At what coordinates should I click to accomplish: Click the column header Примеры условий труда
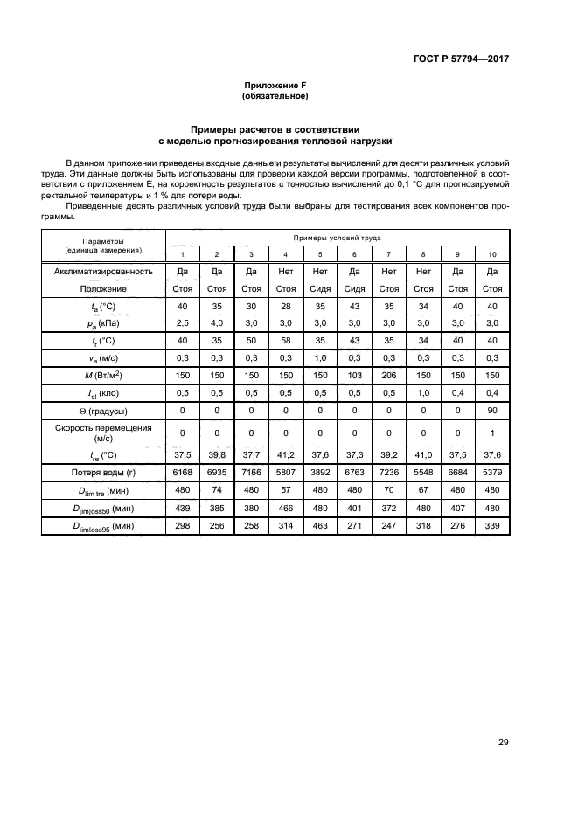(337, 238)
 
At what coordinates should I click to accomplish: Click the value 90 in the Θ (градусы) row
(492, 410)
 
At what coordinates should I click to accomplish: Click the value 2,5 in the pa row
(183, 322)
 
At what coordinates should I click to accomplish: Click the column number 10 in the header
(492, 254)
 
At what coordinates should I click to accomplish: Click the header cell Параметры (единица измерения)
(103, 246)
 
